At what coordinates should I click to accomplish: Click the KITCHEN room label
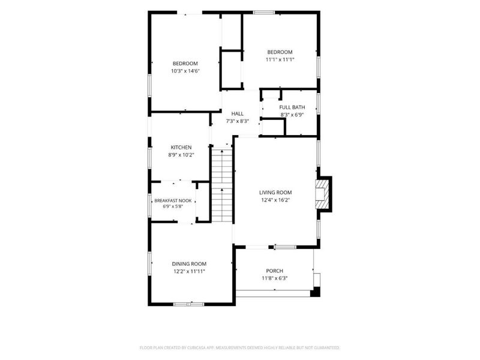point(181,147)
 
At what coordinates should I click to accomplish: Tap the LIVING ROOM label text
point(275,193)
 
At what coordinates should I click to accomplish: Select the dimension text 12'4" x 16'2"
point(275,200)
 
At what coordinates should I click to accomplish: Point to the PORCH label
point(275,271)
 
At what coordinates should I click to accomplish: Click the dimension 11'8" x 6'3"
point(275,278)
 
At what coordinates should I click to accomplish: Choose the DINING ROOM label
point(189,264)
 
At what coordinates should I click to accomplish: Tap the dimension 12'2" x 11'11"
point(189,271)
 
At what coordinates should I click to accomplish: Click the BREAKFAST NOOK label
point(173,200)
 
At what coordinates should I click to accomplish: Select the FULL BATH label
point(292,107)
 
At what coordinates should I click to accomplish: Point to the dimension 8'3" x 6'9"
point(292,115)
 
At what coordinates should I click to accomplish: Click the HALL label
point(238,113)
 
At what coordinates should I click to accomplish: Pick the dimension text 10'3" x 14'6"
point(185,71)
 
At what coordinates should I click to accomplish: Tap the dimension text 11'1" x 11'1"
point(280,59)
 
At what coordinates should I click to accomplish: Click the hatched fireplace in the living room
point(322,194)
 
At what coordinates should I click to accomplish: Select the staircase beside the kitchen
point(222,184)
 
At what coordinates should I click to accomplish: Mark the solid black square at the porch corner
point(316,292)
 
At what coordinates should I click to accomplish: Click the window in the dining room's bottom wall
point(188,304)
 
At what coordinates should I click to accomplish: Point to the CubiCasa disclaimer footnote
point(239,348)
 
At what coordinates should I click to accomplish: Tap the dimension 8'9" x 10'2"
point(181,155)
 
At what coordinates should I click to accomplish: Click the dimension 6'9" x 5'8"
point(173,206)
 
